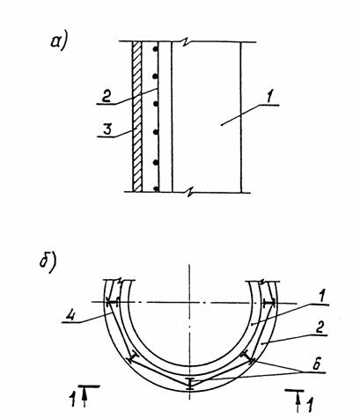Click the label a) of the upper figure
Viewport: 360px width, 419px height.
pos(59,41)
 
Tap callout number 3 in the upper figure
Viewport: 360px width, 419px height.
pos(107,129)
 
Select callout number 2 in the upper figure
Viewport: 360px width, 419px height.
pos(106,96)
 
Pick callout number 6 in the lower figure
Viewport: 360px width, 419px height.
pos(316,365)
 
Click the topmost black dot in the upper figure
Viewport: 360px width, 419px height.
pos(156,50)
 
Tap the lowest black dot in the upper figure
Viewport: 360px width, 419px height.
pos(156,189)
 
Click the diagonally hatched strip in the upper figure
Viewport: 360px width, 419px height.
pos(137,116)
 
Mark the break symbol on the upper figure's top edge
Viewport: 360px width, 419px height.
pos(185,43)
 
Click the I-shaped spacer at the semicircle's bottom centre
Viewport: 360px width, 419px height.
pos(190,384)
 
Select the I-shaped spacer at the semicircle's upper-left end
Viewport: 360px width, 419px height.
pos(112,302)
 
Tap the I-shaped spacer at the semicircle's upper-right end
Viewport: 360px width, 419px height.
pos(268,303)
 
